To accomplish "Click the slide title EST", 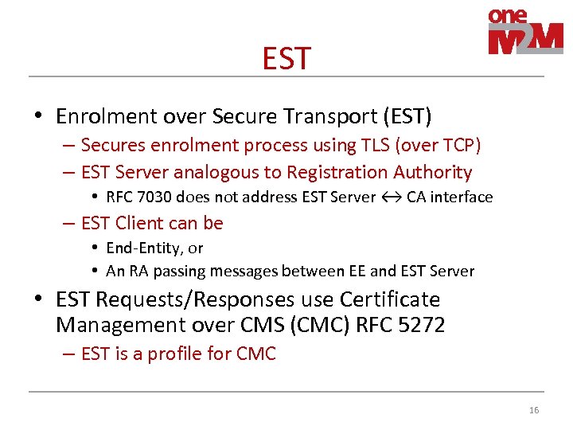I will [x=286, y=58].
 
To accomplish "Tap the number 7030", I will [x=155, y=197].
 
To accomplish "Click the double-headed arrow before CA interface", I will [x=391, y=197].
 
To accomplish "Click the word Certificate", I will [x=390, y=300].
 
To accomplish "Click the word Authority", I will [x=434, y=172].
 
